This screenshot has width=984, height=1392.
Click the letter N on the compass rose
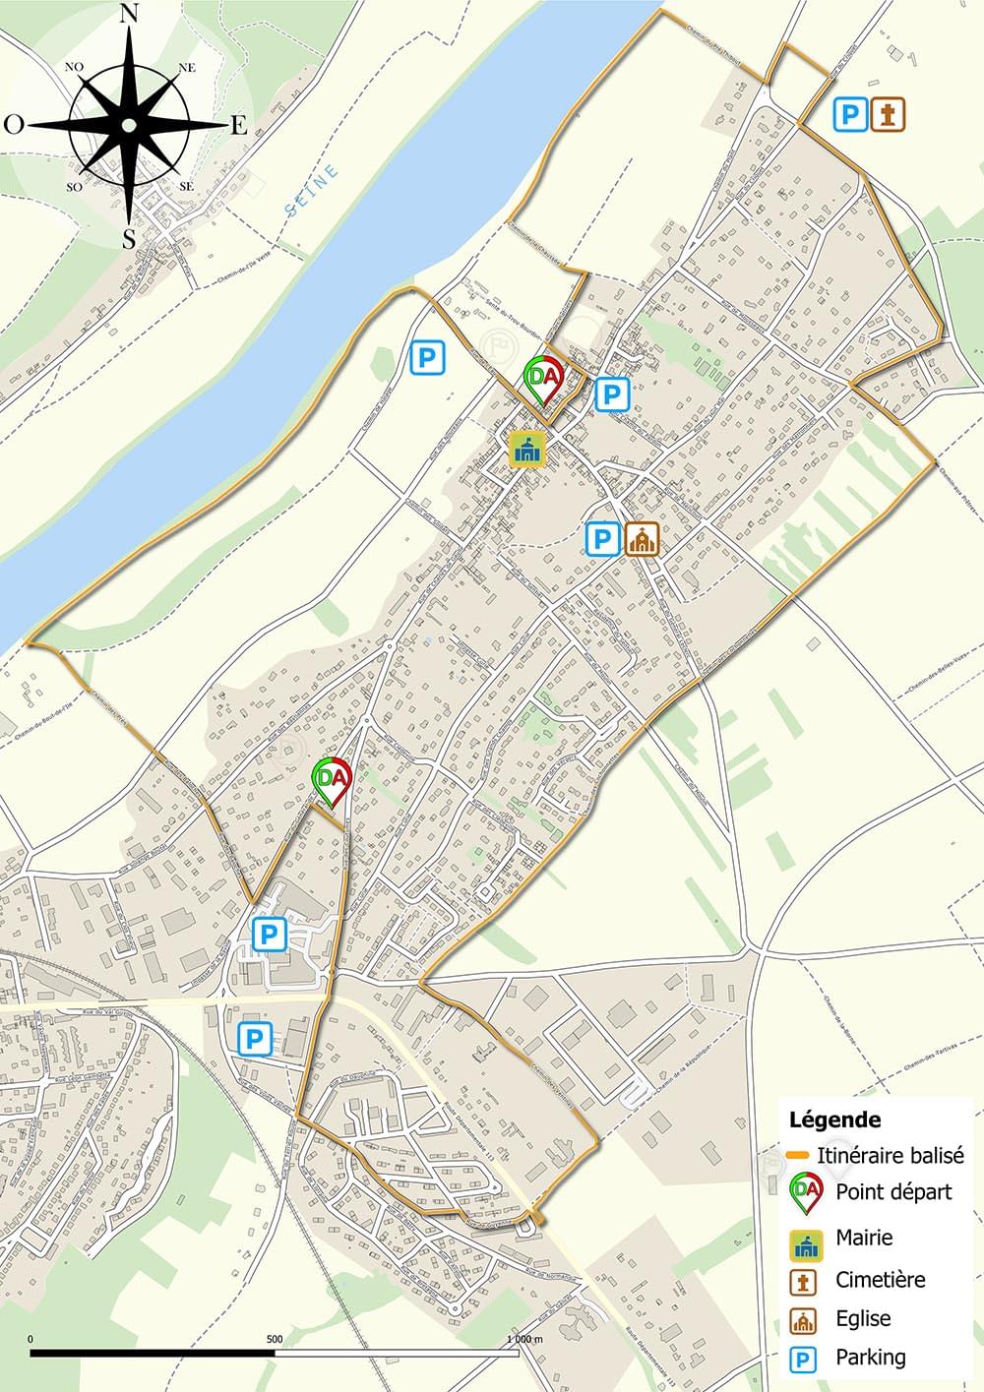[x=129, y=14]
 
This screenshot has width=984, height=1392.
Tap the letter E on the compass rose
[x=238, y=125]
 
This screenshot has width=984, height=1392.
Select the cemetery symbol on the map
[x=889, y=114]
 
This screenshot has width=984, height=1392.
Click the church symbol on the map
[x=642, y=538]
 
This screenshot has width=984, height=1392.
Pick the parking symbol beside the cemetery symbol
[x=850, y=114]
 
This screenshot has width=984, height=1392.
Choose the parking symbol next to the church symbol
[x=602, y=538]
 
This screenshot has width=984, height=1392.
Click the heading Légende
[x=834, y=1120]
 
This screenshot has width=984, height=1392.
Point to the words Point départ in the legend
[x=893, y=1192]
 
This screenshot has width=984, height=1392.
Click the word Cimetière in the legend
[x=881, y=1280]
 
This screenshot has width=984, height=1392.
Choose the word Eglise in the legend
[x=863, y=1319]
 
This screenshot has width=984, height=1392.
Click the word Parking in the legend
[x=870, y=1358]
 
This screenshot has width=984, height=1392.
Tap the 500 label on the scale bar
[x=275, y=1339]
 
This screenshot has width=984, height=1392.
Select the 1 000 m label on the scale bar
[x=523, y=1339]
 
